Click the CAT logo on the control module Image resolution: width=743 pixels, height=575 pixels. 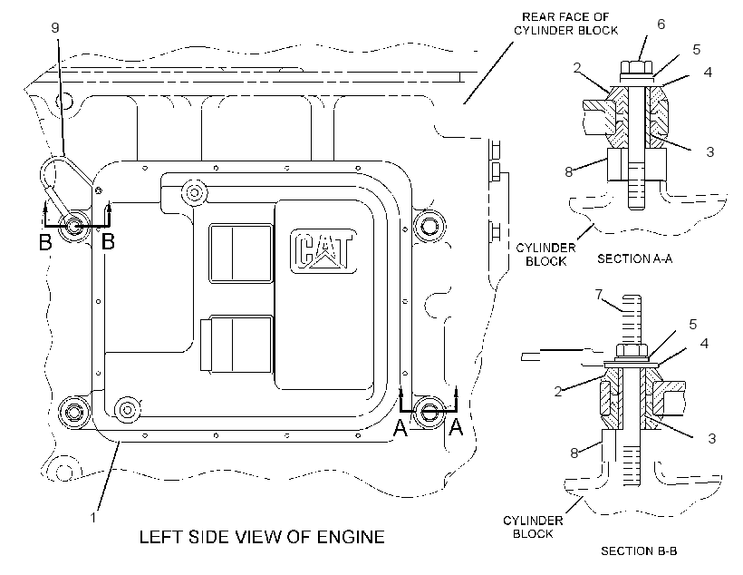pyautogui.click(x=323, y=250)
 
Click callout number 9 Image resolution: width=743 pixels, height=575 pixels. pyautogui.click(x=55, y=27)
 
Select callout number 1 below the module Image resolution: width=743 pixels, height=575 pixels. pyautogui.click(x=93, y=517)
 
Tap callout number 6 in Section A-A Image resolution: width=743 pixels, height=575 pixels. pyautogui.click(x=661, y=24)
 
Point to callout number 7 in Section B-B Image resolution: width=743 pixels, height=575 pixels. pyautogui.click(x=599, y=295)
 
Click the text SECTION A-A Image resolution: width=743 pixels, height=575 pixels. pyautogui.click(x=634, y=258)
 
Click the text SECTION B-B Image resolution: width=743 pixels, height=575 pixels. pyautogui.click(x=639, y=551)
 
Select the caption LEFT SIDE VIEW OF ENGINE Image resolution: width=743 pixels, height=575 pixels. pyautogui.click(x=262, y=537)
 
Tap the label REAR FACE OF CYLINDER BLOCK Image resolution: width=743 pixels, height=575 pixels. pyautogui.click(x=565, y=24)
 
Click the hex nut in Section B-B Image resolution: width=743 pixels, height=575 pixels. pyautogui.click(x=632, y=351)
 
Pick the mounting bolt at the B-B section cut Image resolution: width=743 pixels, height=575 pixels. pyautogui.click(x=74, y=227)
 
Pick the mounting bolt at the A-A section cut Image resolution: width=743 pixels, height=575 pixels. pyautogui.click(x=429, y=412)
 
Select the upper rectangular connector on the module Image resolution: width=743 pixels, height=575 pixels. pyautogui.click(x=241, y=254)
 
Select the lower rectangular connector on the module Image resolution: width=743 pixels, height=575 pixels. pyautogui.click(x=236, y=344)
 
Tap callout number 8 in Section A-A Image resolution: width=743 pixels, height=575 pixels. pyautogui.click(x=569, y=171)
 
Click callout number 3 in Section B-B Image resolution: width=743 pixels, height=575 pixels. pyautogui.click(x=711, y=438)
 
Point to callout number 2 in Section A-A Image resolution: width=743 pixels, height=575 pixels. pyautogui.click(x=576, y=67)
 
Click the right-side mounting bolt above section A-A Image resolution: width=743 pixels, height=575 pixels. pyautogui.click(x=429, y=225)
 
